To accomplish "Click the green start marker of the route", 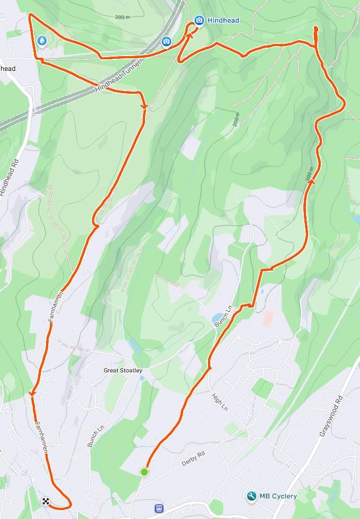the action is click(x=143, y=471).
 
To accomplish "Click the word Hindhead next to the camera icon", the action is click(x=223, y=21).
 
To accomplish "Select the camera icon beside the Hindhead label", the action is click(x=199, y=21).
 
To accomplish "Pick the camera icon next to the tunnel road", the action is click(x=166, y=41).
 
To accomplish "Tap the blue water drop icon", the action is click(x=42, y=40).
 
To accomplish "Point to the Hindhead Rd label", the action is click(x=9, y=177).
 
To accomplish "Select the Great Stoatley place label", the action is click(x=123, y=371).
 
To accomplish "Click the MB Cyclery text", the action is click(x=278, y=496).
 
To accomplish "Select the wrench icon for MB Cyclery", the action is click(x=251, y=496).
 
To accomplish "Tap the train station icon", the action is click(x=159, y=508).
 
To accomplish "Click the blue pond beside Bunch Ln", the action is click(x=217, y=318).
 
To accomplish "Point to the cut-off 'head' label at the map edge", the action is click(x=8, y=68).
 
